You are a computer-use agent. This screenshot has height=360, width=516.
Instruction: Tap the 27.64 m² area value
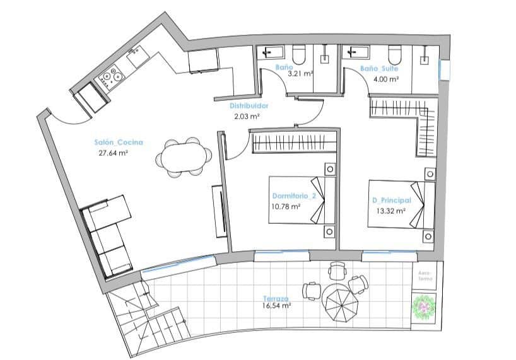coord(114,153)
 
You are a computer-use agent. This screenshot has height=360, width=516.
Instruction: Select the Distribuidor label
coord(249,107)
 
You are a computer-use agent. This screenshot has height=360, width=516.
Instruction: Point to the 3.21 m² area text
coord(300,74)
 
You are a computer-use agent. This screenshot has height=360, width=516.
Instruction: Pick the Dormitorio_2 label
coord(295,195)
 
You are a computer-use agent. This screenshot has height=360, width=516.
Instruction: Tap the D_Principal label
coord(392,200)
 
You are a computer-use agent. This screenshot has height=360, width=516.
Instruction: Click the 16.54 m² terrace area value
coord(277,306)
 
